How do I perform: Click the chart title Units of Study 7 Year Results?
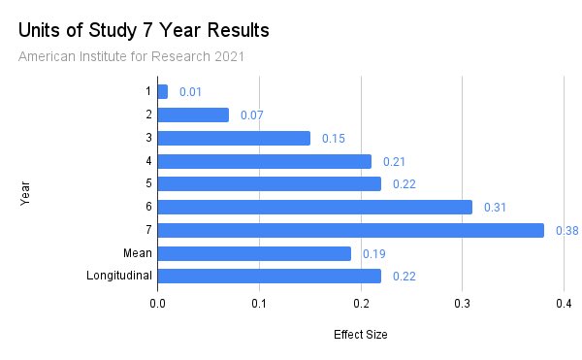144,30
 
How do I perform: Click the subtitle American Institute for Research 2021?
131,56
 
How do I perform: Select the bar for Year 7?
350,230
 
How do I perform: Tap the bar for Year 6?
314,207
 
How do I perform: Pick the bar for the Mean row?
253,253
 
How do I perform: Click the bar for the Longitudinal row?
269,277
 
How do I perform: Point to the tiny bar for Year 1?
162,91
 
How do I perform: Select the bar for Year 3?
233,138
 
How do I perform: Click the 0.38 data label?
566,231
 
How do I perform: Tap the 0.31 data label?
495,208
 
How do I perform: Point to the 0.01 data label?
190,92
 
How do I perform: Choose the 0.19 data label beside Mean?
373,254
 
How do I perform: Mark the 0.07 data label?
251,115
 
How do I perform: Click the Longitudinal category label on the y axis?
119,277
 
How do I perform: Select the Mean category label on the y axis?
137,253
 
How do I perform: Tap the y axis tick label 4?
148,161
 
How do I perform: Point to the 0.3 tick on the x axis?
462,304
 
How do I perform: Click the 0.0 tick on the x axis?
157,304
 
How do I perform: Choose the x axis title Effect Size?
360,335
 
